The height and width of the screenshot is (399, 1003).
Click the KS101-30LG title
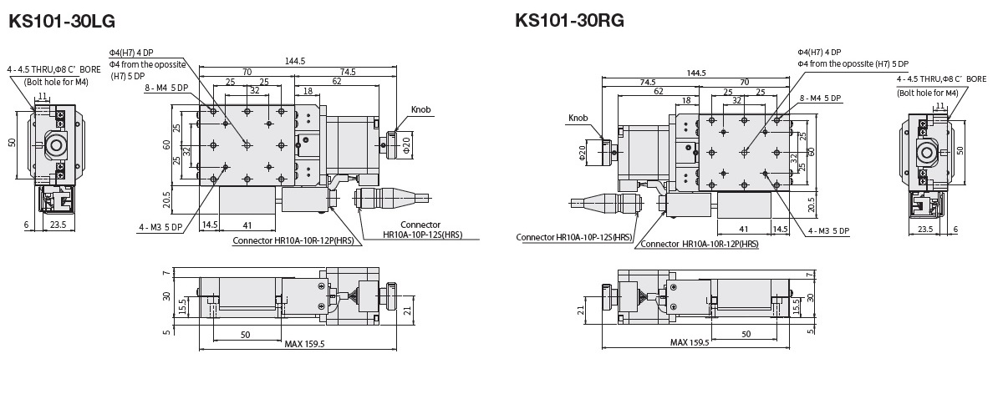coord(62,21)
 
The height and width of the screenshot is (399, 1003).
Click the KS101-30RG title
coord(569,19)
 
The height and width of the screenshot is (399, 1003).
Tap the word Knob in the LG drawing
coord(422,110)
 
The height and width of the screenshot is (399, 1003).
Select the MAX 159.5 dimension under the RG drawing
coord(690,342)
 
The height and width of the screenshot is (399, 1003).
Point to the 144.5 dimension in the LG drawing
coord(295,61)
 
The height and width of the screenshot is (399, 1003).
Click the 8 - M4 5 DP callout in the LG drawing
coord(165,88)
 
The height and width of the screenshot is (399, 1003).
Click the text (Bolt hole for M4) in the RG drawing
coord(928,93)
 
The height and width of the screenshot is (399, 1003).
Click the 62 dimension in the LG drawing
coord(336,82)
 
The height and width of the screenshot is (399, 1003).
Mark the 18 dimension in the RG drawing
coord(686,100)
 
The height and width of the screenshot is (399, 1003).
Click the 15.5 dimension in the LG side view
coord(181,308)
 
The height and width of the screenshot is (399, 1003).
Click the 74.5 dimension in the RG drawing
coord(647,82)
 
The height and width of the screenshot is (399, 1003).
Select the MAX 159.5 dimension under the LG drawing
coord(304,343)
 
